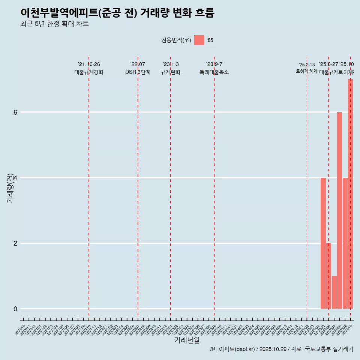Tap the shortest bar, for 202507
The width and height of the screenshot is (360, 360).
(x=334, y=292)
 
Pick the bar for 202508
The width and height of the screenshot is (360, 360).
(x=339, y=210)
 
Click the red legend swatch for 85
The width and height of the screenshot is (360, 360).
(x=199, y=40)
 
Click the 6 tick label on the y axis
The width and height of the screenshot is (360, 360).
(x=15, y=112)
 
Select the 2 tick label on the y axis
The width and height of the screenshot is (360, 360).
(x=15, y=243)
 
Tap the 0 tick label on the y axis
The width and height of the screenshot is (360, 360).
(x=15, y=309)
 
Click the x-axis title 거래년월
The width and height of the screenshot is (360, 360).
(x=187, y=340)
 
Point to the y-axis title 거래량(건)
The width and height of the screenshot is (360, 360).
(x=10, y=187)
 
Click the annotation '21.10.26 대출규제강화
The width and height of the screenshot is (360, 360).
(x=89, y=68)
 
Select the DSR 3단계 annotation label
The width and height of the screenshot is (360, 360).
(x=138, y=72)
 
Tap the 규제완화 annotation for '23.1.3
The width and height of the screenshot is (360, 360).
(x=171, y=72)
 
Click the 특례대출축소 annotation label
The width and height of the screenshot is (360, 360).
(x=214, y=72)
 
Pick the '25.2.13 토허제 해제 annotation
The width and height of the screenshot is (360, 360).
(x=307, y=68)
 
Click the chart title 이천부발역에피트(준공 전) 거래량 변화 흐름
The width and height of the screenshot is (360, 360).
(x=117, y=13)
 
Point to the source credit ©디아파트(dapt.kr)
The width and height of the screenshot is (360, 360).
(x=232, y=349)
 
